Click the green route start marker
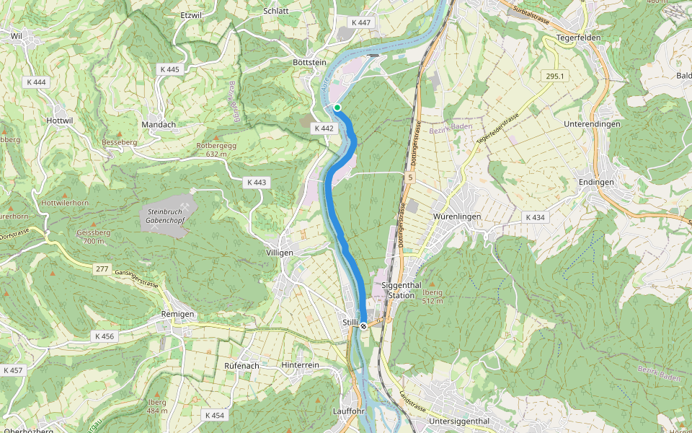[337, 108]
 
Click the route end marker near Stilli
[364, 325]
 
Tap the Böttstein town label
[309, 63]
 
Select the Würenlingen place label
[457, 216]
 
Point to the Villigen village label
[280, 253]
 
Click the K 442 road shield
[324, 128]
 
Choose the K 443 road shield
[255, 183]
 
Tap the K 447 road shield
[361, 23]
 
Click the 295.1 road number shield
[554, 76]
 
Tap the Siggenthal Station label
[402, 290]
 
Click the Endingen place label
[596, 182]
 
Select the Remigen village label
[178, 315]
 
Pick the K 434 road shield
[536, 217]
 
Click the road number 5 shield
[410, 177]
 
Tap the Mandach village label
[159, 124]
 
